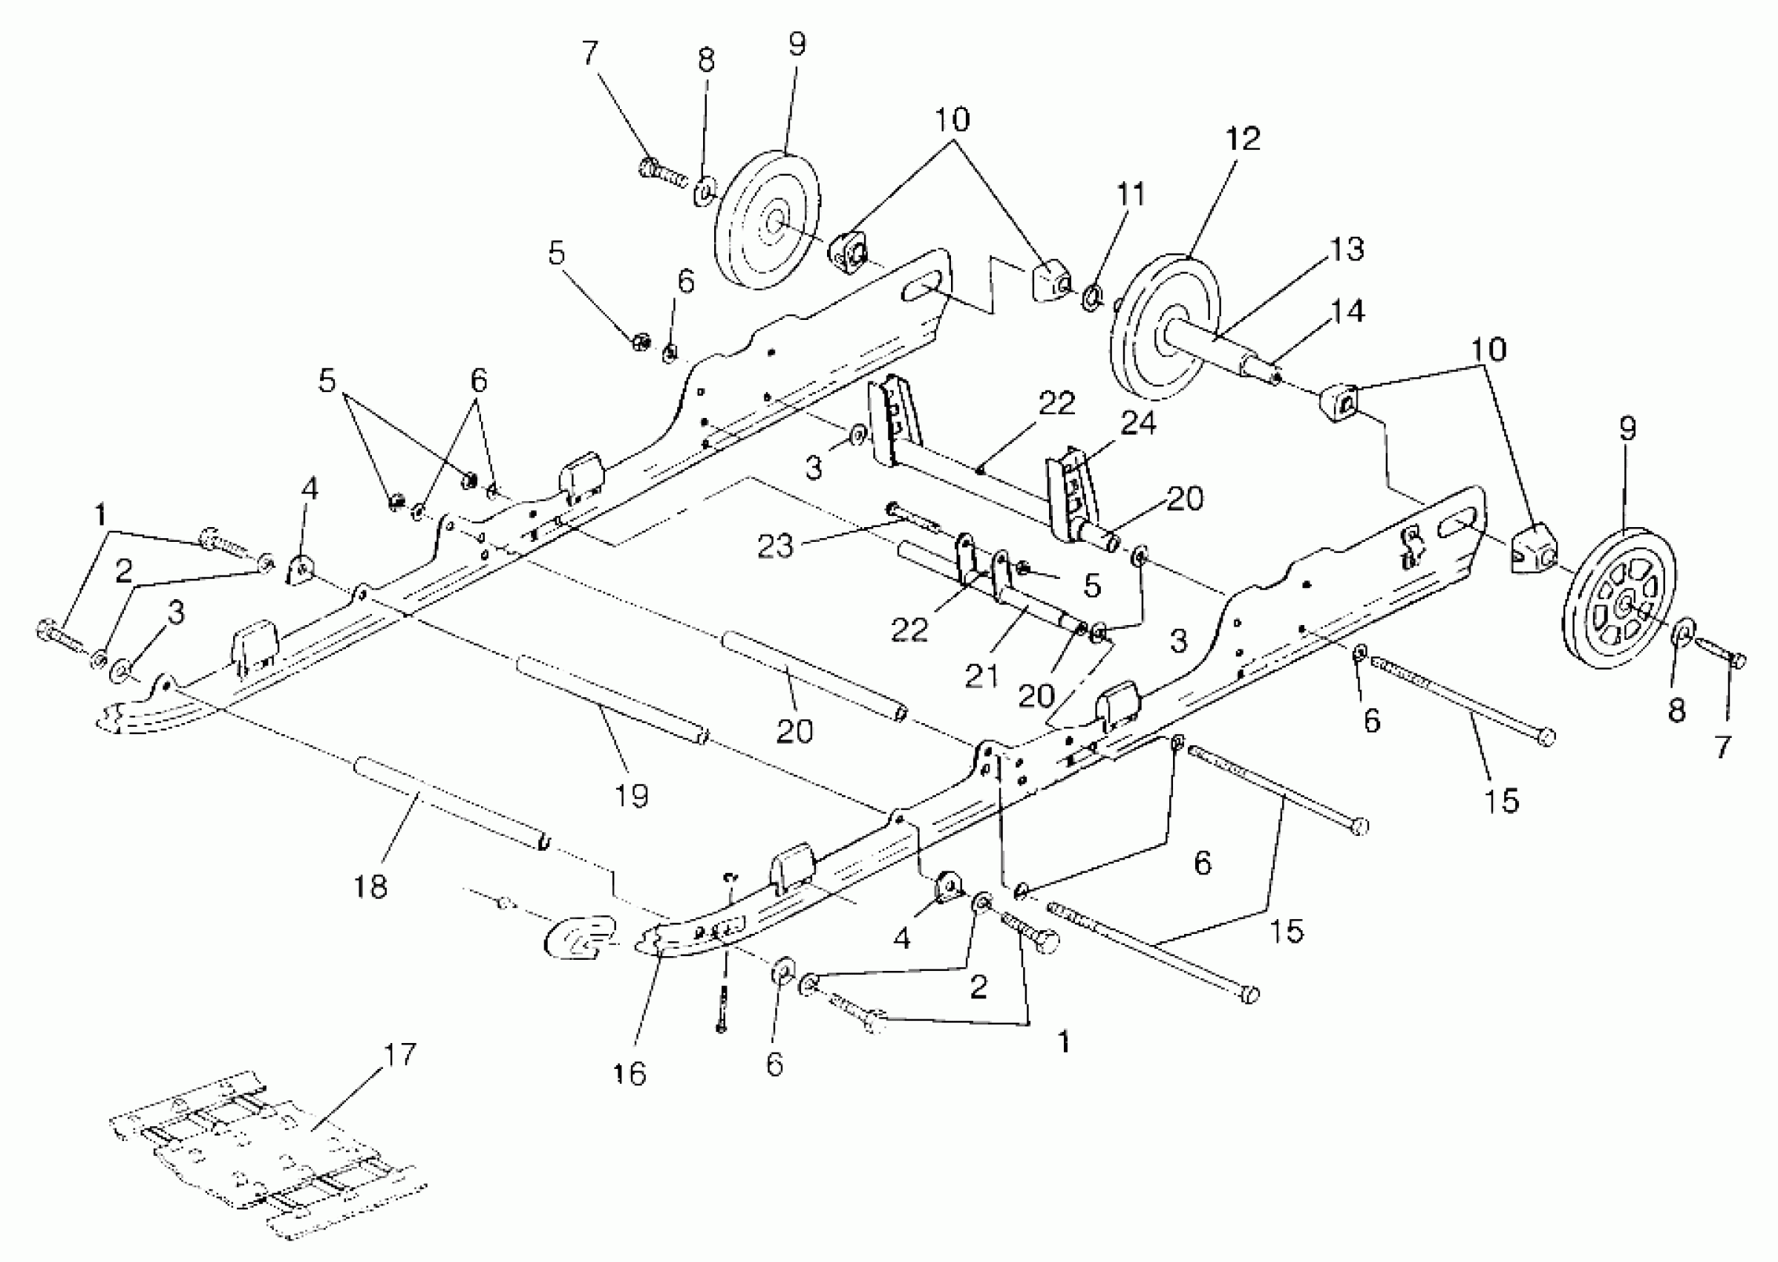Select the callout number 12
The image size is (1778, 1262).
(1243, 139)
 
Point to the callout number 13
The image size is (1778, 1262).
(1347, 249)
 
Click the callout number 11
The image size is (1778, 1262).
(1131, 194)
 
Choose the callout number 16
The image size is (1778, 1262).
(629, 1074)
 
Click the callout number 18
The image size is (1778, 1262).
(370, 885)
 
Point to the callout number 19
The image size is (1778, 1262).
(632, 795)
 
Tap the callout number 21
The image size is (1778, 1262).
(981, 676)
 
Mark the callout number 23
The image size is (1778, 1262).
(775, 546)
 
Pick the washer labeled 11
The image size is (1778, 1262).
(1091, 296)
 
